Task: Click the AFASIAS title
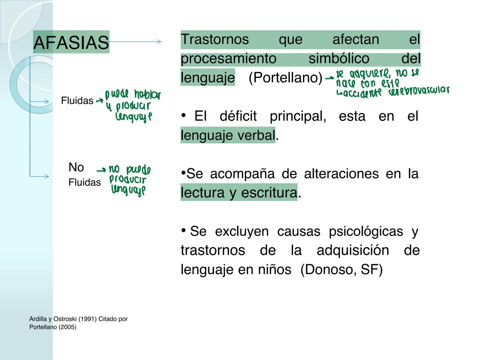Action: [x=71, y=42]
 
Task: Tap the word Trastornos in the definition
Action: [x=215, y=39]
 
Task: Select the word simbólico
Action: [x=339, y=59]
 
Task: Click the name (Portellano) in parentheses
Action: [x=285, y=78]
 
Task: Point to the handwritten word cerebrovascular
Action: [x=418, y=91]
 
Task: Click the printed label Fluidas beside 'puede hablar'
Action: [x=77, y=101]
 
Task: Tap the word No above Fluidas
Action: [x=76, y=167]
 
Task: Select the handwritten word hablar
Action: [x=147, y=95]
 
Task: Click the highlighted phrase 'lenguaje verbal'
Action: [x=228, y=135]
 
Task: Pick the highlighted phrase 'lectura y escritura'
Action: [x=239, y=193]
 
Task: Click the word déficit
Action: [x=238, y=116]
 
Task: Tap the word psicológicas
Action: [x=366, y=231]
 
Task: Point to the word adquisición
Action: [x=353, y=250]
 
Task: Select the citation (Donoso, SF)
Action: [x=341, y=269]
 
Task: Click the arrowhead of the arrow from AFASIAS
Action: [x=159, y=42]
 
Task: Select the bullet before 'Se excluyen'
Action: [x=184, y=230]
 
